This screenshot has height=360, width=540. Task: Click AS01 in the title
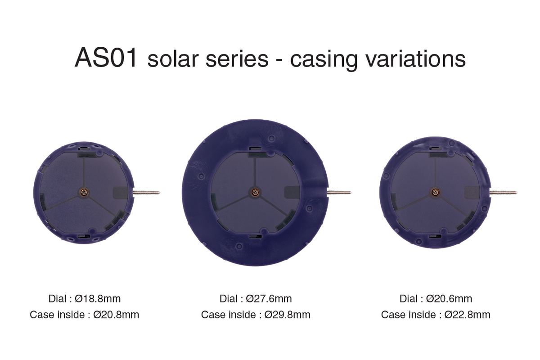tap(106, 58)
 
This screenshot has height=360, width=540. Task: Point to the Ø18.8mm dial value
tap(98, 299)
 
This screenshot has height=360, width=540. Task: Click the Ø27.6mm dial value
tap(269, 299)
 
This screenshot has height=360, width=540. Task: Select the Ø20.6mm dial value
tap(449, 299)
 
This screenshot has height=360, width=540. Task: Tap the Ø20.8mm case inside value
tap(116, 315)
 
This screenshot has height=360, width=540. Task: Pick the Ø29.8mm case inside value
tap(288, 315)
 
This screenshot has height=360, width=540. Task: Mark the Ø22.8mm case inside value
tap(467, 315)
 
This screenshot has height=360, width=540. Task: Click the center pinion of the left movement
tap(84, 192)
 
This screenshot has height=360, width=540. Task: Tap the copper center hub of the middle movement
tap(255, 192)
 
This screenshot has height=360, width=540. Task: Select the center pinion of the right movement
tap(435, 192)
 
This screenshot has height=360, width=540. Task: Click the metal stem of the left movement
tap(146, 192)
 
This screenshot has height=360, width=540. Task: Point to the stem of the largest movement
tap(339, 192)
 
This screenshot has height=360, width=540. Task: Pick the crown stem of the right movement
tap(504, 192)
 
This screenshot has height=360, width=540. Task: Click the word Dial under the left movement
tap(58, 299)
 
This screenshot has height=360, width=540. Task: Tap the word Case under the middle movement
tap(213, 315)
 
